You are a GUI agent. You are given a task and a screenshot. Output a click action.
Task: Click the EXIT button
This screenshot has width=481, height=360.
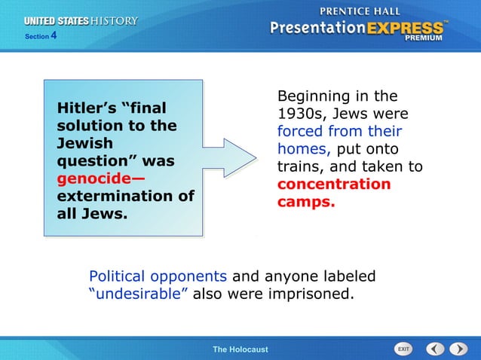tap(404, 349)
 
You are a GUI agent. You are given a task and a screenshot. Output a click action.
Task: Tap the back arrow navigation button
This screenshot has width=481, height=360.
tap(435, 349)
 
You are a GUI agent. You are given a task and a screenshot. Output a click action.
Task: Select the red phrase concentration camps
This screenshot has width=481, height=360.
tap(333, 193)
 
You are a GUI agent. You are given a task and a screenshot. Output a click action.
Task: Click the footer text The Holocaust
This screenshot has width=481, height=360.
tap(240, 349)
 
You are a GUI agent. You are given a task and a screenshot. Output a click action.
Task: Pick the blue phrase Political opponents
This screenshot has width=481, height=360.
tap(158, 276)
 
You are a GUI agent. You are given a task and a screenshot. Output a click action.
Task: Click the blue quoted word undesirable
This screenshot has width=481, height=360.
tap(139, 294)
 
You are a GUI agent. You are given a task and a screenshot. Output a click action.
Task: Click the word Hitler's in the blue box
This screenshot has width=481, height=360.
tap(84, 108)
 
